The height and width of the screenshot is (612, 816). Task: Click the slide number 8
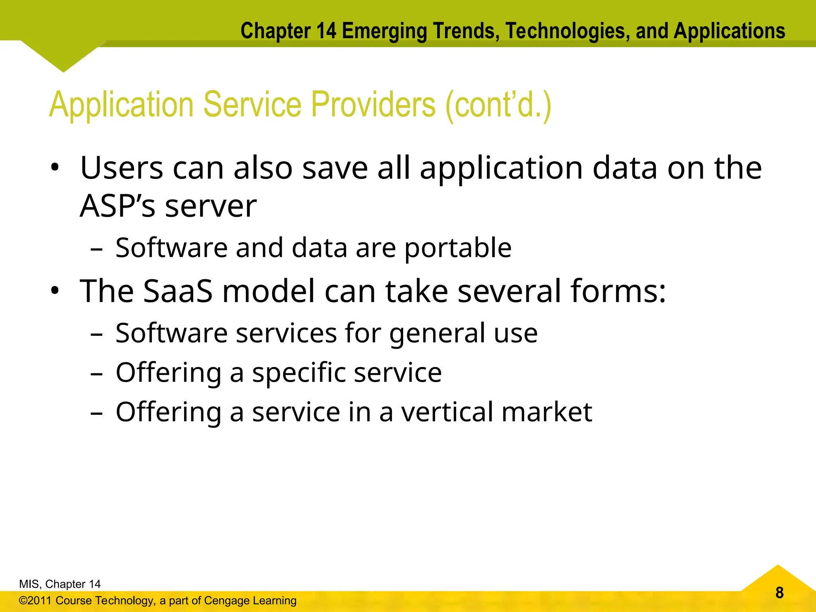(779, 593)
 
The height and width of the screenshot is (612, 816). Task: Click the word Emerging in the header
(384, 31)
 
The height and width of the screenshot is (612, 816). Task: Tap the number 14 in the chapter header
(326, 31)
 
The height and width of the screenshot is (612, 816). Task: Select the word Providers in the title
(373, 104)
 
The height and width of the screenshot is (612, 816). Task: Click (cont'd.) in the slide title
(498, 104)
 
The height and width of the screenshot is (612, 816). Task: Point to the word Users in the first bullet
(122, 168)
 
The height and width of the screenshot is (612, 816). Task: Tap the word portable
(458, 248)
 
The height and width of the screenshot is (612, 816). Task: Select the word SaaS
(178, 291)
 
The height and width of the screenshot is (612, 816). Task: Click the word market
(547, 412)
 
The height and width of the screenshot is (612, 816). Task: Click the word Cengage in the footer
(226, 600)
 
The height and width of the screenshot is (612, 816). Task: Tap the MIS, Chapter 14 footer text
(60, 584)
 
